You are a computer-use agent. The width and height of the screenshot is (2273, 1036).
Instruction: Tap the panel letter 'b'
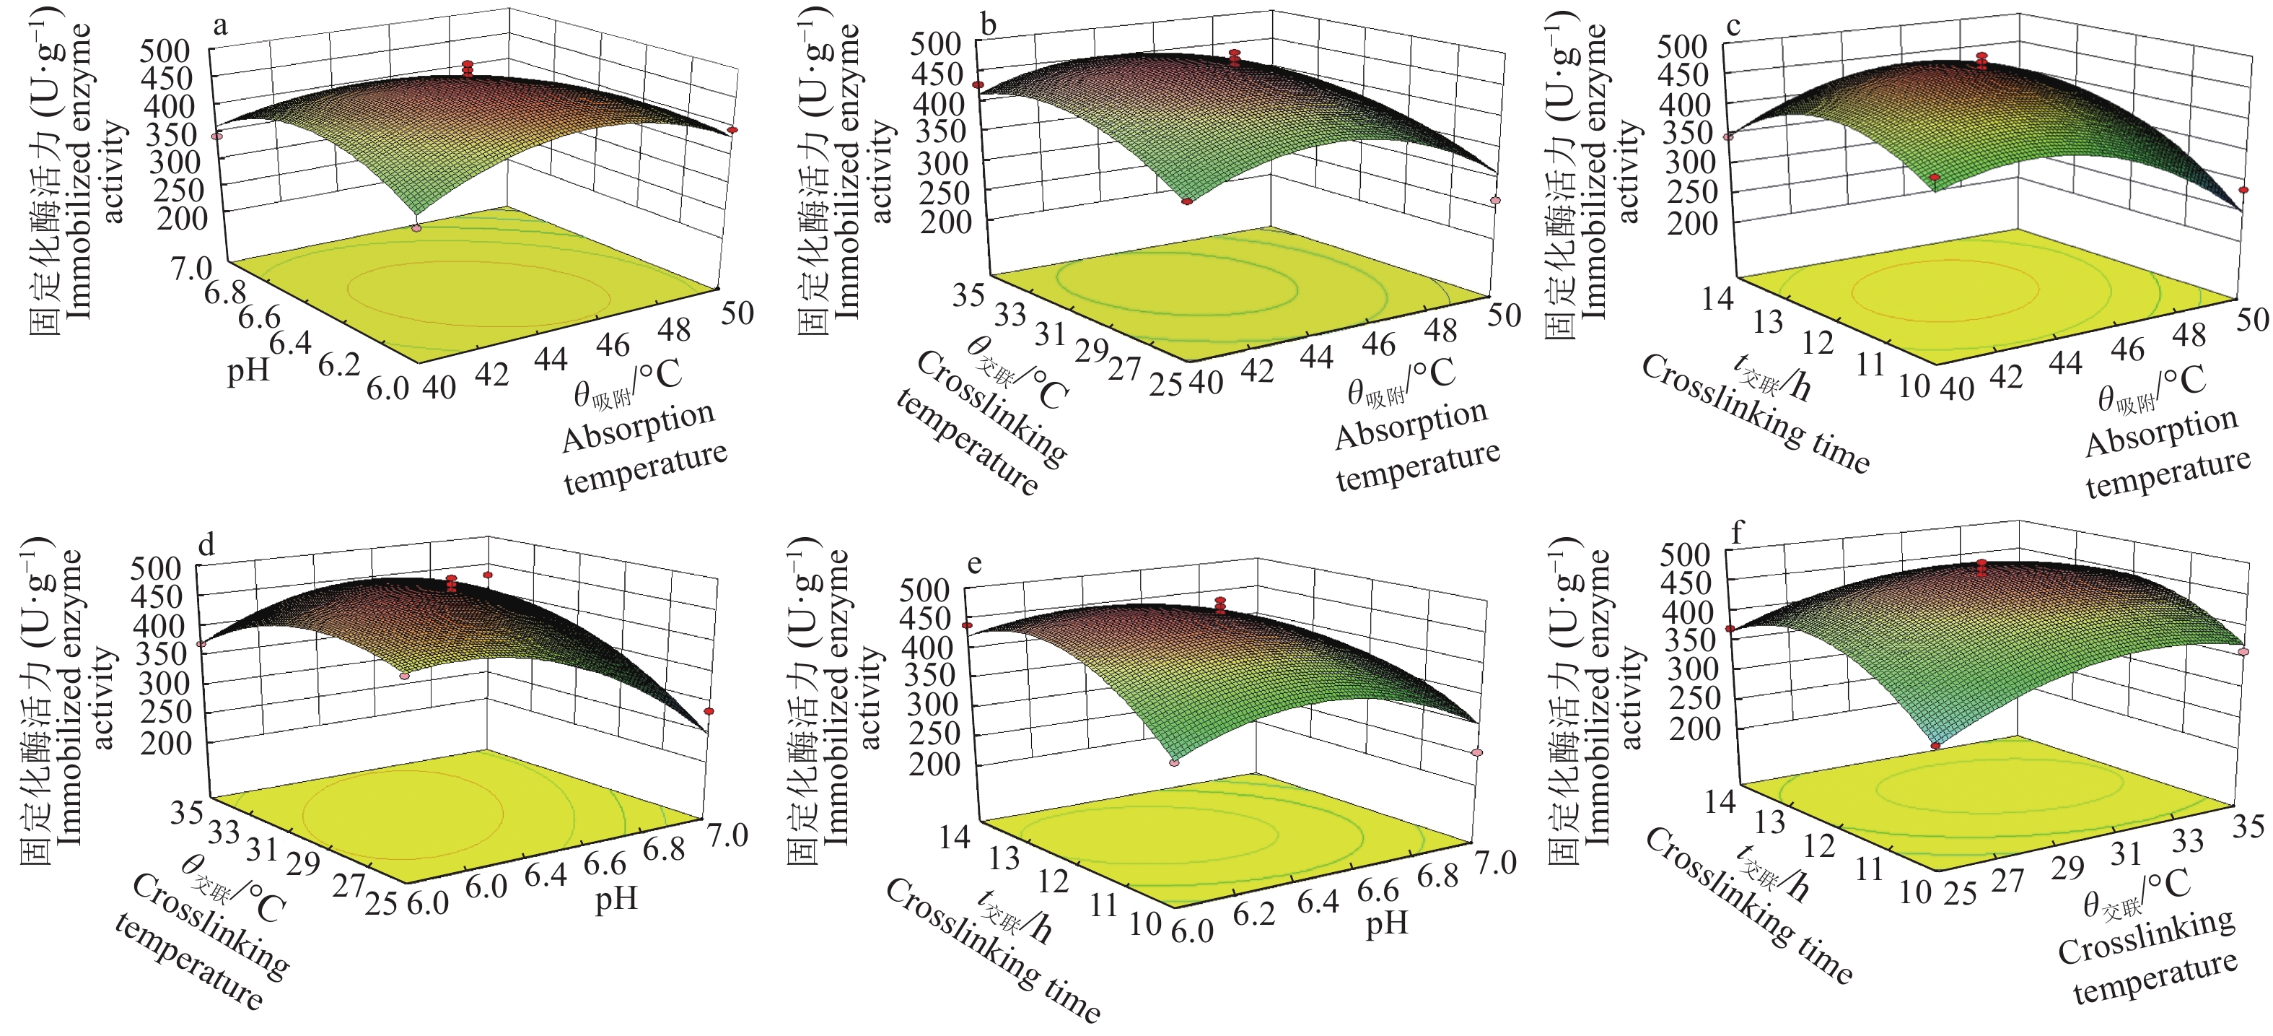(989, 25)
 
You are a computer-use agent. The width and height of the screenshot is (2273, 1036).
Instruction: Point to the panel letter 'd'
(206, 545)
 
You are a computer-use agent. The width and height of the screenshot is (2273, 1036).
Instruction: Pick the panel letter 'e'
(974, 563)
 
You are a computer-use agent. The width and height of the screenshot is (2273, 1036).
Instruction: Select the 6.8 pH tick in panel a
(225, 292)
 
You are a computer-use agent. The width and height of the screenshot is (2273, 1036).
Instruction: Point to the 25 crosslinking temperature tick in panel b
(1165, 386)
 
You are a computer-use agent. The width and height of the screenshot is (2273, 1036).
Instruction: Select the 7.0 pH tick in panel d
(727, 835)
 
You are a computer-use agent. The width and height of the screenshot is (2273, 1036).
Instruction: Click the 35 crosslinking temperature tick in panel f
(2248, 826)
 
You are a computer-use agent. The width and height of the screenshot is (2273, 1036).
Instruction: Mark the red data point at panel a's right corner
(732, 131)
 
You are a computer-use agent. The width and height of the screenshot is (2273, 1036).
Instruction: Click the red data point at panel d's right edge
(709, 711)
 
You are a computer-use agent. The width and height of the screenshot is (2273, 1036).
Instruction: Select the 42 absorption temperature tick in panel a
(491, 374)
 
